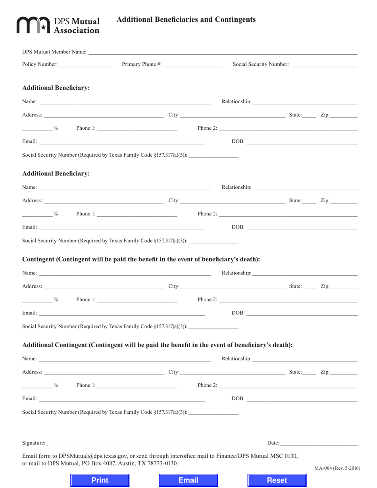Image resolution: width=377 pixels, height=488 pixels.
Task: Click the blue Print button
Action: (x=100, y=480)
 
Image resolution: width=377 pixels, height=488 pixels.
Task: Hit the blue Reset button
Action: (x=277, y=480)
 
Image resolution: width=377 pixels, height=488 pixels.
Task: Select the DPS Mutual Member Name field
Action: (x=222, y=52)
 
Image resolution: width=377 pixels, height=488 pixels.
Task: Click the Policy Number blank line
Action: (x=84, y=64)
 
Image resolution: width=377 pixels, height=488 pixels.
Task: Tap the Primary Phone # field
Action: (x=192, y=64)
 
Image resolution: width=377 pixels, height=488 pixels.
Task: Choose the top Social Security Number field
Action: (x=324, y=64)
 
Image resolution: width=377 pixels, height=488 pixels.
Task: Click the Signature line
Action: (x=145, y=443)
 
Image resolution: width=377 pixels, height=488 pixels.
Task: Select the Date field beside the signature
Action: (x=318, y=443)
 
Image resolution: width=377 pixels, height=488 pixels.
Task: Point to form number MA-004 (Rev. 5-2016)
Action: (x=337, y=468)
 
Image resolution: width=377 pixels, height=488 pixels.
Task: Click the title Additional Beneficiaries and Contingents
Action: (x=186, y=19)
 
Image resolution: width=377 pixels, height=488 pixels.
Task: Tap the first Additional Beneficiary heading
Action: (x=56, y=88)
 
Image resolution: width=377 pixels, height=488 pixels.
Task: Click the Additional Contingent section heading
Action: (x=157, y=345)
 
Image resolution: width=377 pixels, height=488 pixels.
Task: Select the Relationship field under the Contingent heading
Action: (x=304, y=273)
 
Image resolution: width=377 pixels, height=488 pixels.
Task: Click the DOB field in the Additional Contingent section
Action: (x=302, y=398)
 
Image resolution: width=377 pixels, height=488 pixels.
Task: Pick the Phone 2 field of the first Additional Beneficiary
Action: (x=288, y=128)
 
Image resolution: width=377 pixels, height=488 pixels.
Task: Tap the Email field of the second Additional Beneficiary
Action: (x=121, y=227)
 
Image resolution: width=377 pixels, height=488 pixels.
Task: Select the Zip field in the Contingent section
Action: (x=344, y=286)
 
